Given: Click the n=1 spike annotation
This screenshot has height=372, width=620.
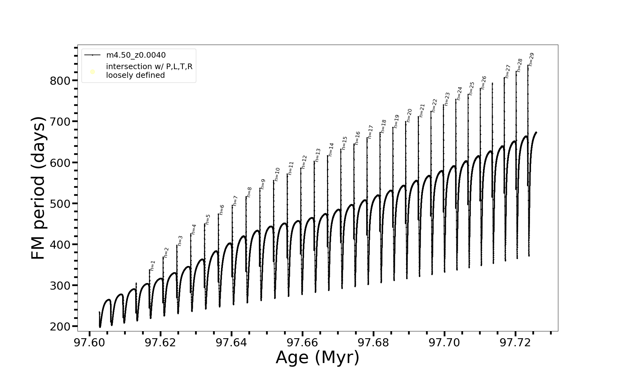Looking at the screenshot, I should (x=152, y=266).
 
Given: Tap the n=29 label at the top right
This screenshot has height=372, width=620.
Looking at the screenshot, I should (x=531, y=60).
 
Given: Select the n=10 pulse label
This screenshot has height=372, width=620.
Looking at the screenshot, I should (x=277, y=174).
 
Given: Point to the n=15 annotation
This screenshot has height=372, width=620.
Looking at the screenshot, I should (x=344, y=143).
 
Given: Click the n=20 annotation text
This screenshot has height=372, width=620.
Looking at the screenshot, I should (x=409, y=115).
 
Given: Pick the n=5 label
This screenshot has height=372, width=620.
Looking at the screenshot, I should (x=208, y=219).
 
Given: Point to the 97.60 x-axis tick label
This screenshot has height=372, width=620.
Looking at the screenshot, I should (x=90, y=343).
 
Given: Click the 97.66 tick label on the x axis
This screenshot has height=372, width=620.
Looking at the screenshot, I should (x=302, y=343).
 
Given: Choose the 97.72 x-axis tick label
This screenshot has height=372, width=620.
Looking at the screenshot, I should (x=515, y=343).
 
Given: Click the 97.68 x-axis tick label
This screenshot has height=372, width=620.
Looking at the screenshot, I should (x=373, y=343).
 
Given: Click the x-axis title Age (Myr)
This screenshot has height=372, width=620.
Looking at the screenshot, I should (x=317, y=357).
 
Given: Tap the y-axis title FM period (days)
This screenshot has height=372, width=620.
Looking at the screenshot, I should (x=38, y=188).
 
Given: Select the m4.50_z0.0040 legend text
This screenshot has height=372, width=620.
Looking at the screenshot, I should (x=136, y=55).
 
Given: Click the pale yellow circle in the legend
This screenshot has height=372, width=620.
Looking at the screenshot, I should (x=92, y=72).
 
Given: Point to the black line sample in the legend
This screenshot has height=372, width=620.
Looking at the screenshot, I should (x=92, y=55).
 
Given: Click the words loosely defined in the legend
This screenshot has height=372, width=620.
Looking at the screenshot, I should (x=135, y=75).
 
